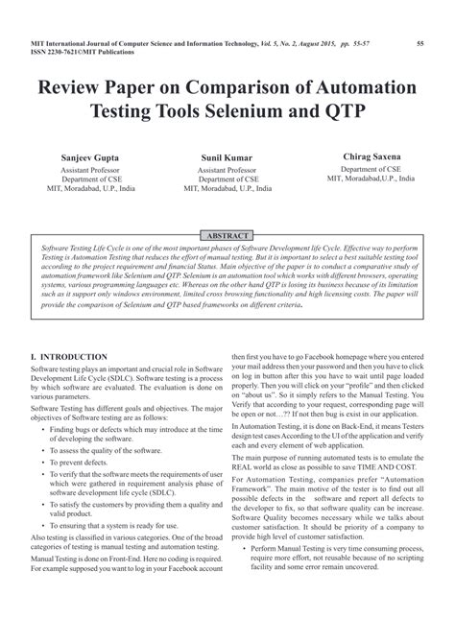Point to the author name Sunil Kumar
[227, 155]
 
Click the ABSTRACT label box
[227, 235]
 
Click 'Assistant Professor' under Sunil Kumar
[227, 169]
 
